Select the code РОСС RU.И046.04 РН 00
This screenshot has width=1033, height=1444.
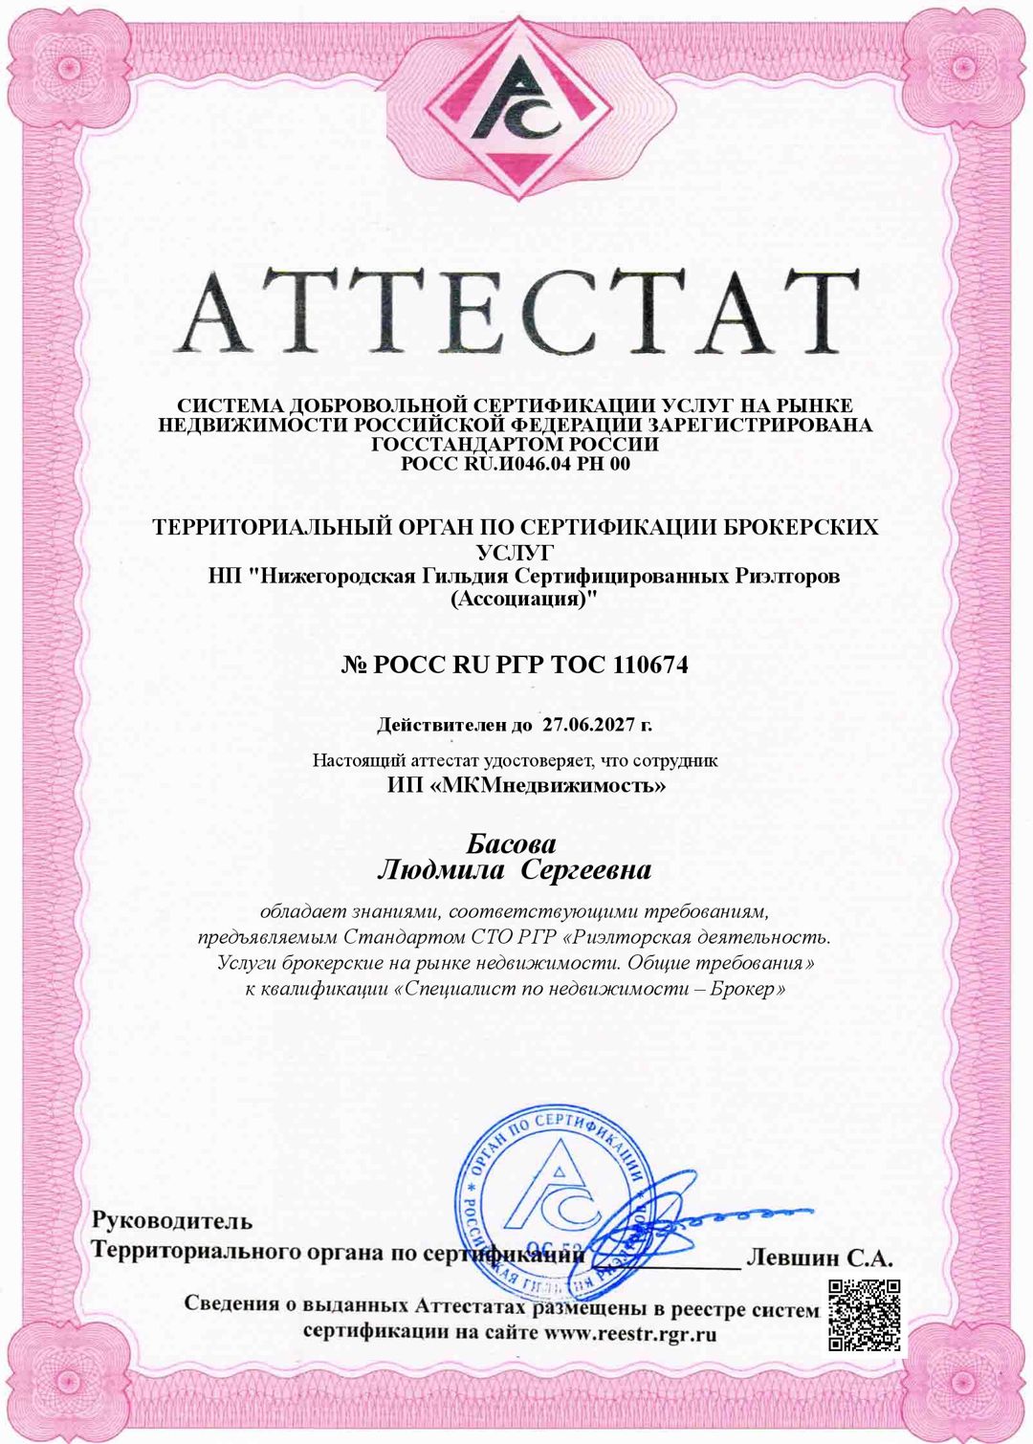coord(516,465)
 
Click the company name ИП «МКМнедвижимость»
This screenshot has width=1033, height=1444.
coord(526,786)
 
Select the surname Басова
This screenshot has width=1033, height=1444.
coord(511,844)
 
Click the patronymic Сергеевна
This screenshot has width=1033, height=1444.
coord(589,871)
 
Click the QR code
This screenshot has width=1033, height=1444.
coord(864,1315)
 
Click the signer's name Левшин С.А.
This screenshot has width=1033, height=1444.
coord(819,1258)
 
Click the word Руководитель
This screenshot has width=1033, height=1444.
coord(172,1221)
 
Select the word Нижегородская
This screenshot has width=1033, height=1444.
coord(332,577)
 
